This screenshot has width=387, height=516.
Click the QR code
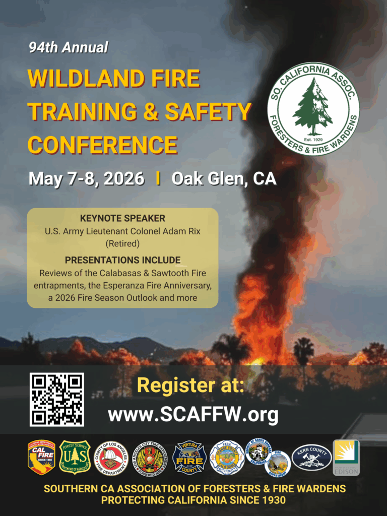click(x=56, y=400)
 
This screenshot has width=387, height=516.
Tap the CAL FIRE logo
click(x=41, y=457)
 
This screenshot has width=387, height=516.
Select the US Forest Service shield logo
click(x=75, y=457)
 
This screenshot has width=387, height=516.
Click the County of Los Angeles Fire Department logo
click(x=111, y=458)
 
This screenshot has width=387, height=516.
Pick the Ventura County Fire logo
click(x=189, y=458)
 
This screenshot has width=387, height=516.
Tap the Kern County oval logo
click(x=311, y=457)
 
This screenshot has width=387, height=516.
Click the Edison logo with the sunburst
click(x=346, y=457)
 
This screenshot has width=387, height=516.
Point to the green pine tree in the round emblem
click(x=313, y=107)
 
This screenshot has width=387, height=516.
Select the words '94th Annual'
click(x=68, y=48)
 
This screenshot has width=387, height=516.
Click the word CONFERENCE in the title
click(x=102, y=145)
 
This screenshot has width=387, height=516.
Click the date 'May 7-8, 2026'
click(x=86, y=179)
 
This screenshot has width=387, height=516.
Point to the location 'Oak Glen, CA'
click(x=224, y=179)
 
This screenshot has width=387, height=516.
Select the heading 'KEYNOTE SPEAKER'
click(x=122, y=219)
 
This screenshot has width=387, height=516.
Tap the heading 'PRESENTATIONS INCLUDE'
click(x=122, y=260)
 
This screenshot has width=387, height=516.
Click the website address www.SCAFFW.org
click(x=193, y=415)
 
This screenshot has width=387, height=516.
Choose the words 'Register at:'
click(x=190, y=386)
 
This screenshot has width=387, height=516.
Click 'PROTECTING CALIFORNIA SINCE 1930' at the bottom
click(x=193, y=500)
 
